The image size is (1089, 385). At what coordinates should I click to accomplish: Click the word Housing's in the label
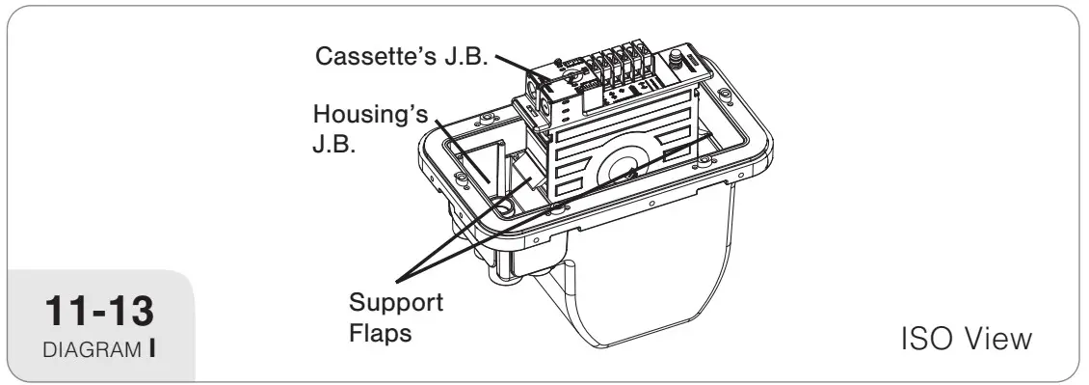click(371, 114)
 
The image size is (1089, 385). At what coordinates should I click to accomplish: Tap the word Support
click(396, 304)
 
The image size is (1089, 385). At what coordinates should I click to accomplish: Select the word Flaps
click(380, 334)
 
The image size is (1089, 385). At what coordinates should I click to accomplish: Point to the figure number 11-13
click(99, 311)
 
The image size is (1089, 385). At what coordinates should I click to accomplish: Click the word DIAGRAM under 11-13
click(93, 349)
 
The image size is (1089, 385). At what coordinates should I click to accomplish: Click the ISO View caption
click(966, 339)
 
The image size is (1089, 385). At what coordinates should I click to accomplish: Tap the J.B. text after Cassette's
click(464, 56)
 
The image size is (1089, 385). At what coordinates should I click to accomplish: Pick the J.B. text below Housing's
click(334, 146)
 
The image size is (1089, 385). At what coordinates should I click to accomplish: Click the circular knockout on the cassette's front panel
click(622, 168)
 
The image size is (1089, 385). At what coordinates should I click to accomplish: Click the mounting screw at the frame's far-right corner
click(725, 94)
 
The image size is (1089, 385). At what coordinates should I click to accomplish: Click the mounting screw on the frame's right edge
click(704, 161)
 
